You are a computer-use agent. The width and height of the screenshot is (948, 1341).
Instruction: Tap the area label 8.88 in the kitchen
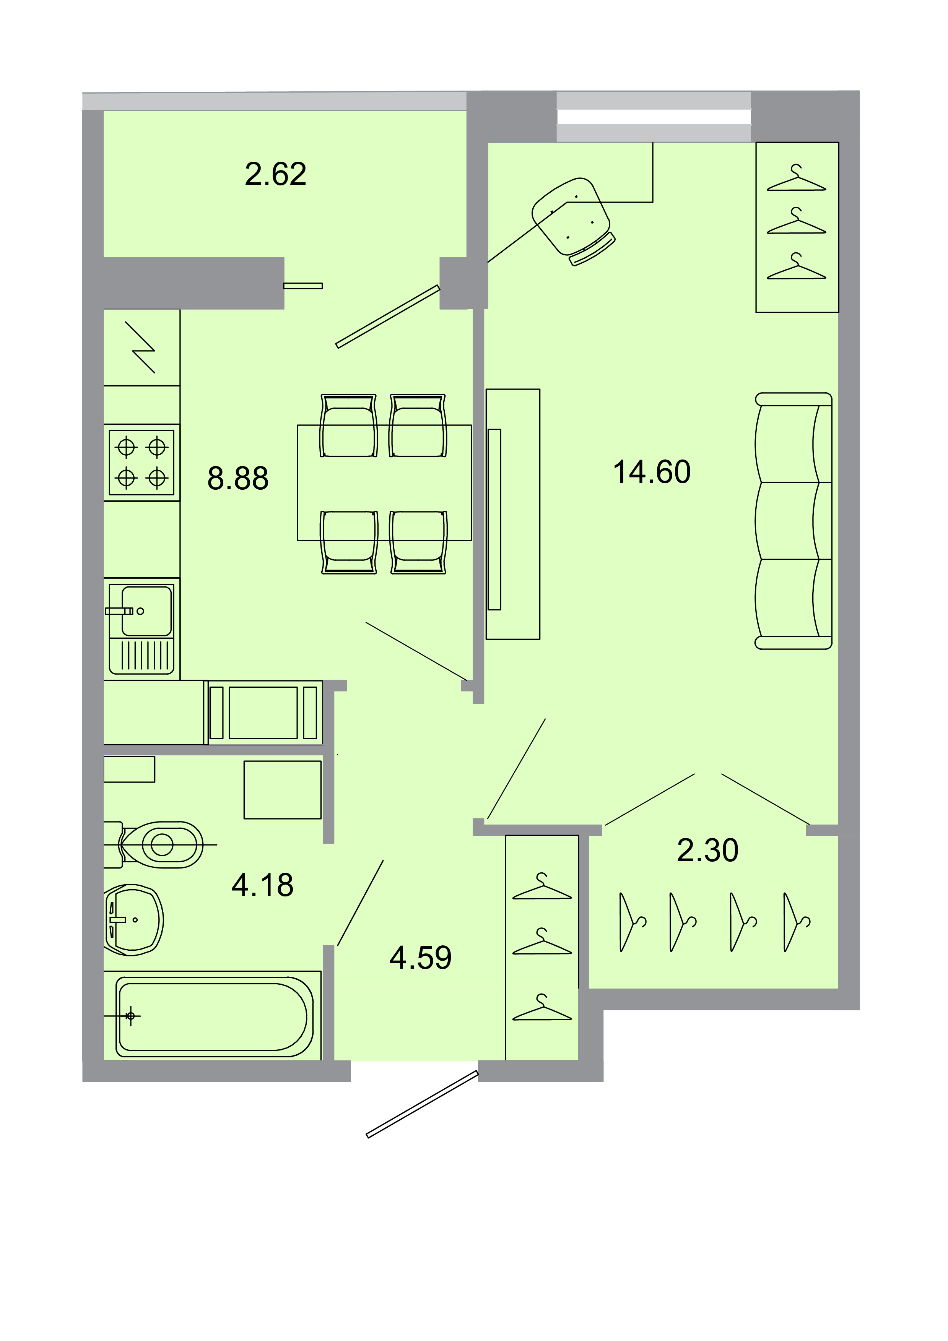238,478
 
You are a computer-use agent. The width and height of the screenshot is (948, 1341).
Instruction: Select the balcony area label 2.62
275,174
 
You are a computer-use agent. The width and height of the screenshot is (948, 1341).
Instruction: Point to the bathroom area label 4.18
262,885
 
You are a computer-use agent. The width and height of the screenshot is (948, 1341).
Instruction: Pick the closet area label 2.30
707,851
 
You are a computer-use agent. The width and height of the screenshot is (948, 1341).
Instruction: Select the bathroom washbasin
134,920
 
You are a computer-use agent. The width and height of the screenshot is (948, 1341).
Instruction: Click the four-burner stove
142,463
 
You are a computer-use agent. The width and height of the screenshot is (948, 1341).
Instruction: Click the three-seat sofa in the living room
793,521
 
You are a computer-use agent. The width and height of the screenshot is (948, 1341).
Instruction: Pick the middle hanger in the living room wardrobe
796,222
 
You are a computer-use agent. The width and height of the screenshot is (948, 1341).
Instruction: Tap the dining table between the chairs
384,482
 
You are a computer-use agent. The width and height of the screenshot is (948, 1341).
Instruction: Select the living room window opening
654,117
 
